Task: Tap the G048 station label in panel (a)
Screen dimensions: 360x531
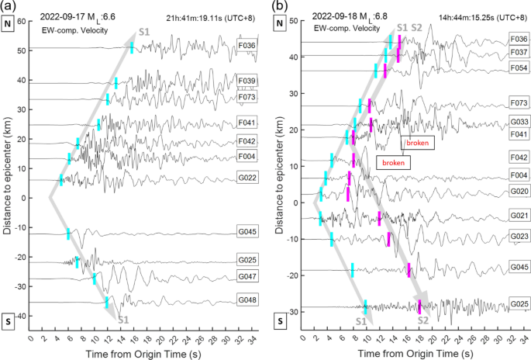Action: tap(248, 299)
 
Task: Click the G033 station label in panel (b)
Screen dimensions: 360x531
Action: tap(519, 122)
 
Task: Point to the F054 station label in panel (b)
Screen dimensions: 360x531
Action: tap(519, 69)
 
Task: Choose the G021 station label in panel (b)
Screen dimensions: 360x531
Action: tap(519, 215)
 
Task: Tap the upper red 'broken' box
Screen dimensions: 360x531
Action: tap(417, 143)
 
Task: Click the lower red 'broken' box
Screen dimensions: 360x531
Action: tap(392, 162)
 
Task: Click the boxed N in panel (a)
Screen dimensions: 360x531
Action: tap(9, 24)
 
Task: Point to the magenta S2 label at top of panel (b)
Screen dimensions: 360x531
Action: tap(416, 28)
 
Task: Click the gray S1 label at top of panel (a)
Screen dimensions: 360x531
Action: tap(144, 30)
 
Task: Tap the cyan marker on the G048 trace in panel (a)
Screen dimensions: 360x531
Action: tap(107, 302)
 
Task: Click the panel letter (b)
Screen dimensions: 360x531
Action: tap(276, 7)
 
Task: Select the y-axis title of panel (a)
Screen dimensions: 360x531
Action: tap(7, 181)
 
